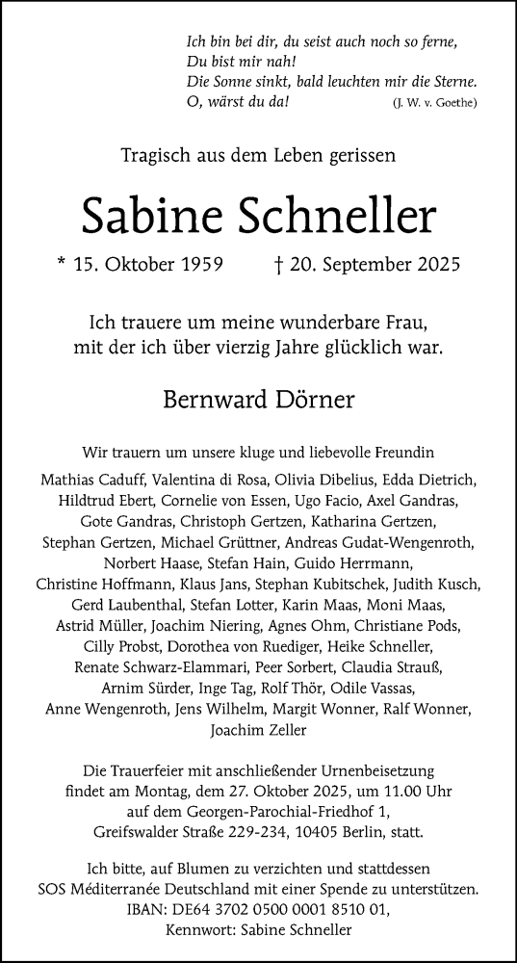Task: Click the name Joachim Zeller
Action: coord(258,730)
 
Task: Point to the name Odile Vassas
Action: coord(366,688)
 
